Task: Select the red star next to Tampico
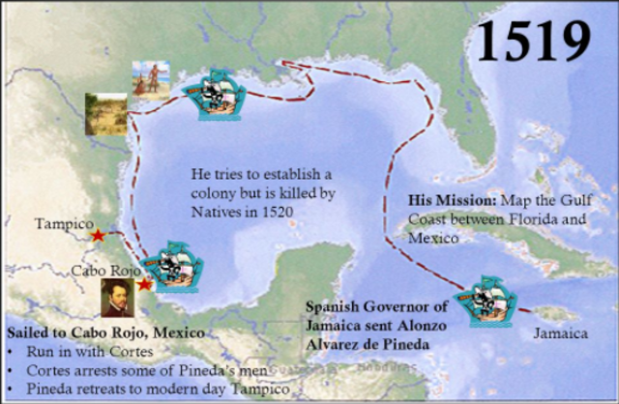click(98, 234)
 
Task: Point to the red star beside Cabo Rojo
click(144, 284)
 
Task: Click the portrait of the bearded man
click(117, 298)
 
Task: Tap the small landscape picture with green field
click(105, 113)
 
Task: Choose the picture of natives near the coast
click(150, 80)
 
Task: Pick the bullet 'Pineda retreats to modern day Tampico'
click(135, 388)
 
